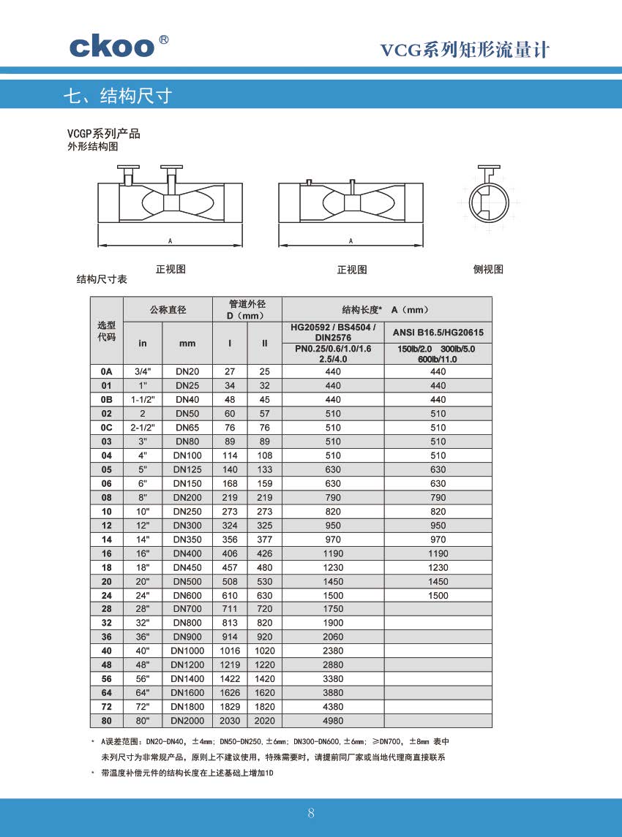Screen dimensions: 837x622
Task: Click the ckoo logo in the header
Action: pos(113,46)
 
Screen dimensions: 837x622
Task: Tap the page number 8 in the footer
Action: pos(311,813)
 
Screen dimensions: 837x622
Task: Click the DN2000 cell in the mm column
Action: pos(187,721)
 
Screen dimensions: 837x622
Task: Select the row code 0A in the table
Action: pos(107,372)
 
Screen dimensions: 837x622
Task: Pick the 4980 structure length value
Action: pos(333,721)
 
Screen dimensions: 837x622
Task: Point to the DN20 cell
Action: pos(187,372)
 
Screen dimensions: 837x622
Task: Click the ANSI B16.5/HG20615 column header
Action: pos(438,333)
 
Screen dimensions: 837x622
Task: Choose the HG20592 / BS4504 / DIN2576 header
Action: pos(333,332)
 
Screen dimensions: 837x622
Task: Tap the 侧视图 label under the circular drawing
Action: pos(488,269)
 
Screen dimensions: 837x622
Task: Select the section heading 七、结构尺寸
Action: pos(118,96)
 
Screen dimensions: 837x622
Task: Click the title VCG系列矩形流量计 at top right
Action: pos(465,50)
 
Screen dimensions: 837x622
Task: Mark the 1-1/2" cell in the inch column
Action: pos(143,400)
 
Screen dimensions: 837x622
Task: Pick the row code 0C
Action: pos(107,428)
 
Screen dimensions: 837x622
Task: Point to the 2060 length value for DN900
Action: pos(333,637)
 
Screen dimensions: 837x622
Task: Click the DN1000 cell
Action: pos(187,651)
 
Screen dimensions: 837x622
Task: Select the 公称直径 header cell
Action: pos(168,310)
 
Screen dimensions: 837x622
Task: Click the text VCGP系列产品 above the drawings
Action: pos(103,134)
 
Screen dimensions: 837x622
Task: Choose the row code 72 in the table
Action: pos(107,707)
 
